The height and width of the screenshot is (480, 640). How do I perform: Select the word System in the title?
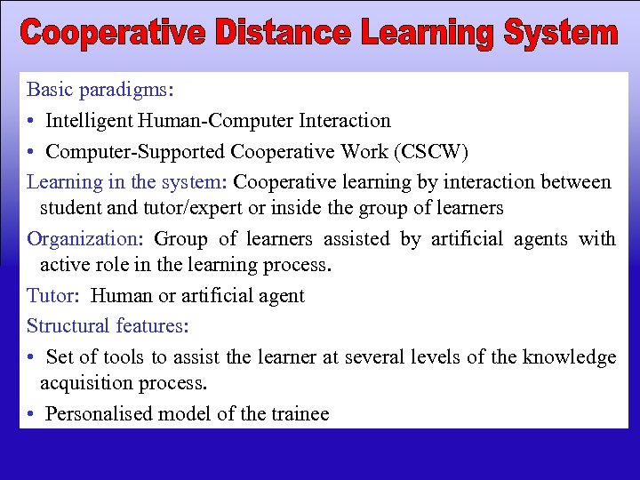click(x=560, y=34)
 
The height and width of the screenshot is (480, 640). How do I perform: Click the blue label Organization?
click(x=83, y=239)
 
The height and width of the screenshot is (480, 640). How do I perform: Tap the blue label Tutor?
click(x=51, y=296)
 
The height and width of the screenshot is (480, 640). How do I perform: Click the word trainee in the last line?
click(x=297, y=413)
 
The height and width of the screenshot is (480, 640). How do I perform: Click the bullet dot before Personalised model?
click(x=31, y=414)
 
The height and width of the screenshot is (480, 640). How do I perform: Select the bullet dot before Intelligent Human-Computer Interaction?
click(x=31, y=121)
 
